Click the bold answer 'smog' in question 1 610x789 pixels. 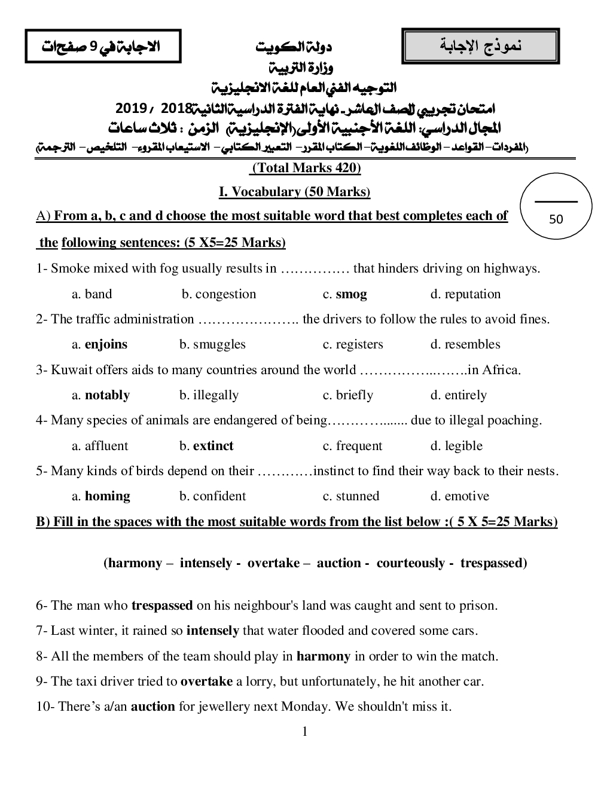[x=351, y=294]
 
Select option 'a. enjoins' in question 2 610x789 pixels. [x=100, y=344]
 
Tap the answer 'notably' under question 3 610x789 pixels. [x=107, y=395]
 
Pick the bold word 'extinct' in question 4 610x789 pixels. [x=213, y=446]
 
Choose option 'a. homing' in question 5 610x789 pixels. [x=101, y=496]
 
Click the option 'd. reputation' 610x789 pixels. [x=465, y=294]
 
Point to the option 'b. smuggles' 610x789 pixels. [x=212, y=344]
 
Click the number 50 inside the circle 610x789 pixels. [x=556, y=219]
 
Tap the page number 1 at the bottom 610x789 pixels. [x=305, y=732]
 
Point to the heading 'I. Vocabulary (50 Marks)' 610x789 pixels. [x=295, y=192]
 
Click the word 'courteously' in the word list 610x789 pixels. [x=410, y=563]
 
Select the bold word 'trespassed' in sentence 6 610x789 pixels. [x=162, y=605]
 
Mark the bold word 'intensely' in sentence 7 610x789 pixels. [x=212, y=631]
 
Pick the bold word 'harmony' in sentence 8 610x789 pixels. [x=323, y=656]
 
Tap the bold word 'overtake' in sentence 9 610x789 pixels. [x=206, y=681]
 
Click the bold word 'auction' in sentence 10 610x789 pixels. [x=153, y=707]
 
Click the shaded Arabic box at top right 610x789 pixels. [x=481, y=46]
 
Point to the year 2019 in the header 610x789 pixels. [x=131, y=109]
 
